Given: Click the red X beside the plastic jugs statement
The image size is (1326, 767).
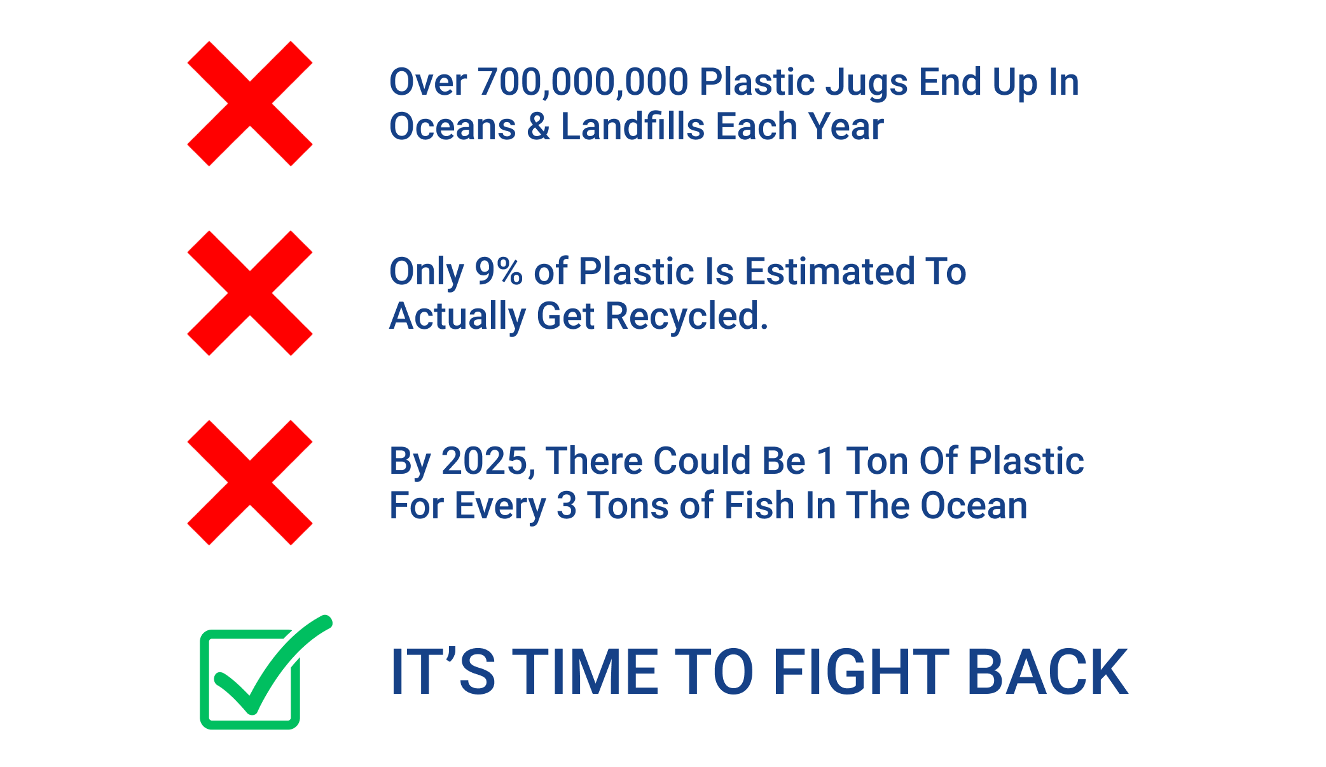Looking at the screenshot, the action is pyautogui.click(x=250, y=104).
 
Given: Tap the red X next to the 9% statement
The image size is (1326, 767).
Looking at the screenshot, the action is pyautogui.click(x=250, y=293).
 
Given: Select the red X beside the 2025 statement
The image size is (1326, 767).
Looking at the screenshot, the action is pyautogui.click(x=250, y=483).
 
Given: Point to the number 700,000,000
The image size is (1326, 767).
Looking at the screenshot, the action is pyautogui.click(x=583, y=83).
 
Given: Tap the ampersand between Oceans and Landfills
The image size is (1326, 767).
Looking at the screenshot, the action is pyautogui.click(x=538, y=126).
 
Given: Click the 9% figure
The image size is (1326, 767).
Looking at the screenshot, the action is pyautogui.click(x=499, y=272).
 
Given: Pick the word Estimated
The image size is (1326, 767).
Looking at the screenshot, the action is pyautogui.click(x=829, y=271).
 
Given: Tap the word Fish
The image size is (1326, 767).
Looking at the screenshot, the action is pyautogui.click(x=759, y=505).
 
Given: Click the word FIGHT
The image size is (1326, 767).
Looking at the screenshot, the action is pyautogui.click(x=861, y=672).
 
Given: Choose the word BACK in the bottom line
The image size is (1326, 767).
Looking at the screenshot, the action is pyautogui.click(x=1047, y=672).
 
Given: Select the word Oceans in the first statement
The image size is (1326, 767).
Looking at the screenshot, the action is pyautogui.click(x=453, y=126).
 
